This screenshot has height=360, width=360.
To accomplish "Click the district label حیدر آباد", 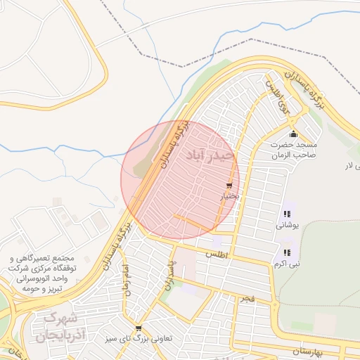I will [210, 155].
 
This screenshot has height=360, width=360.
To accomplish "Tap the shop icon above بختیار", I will [229, 186].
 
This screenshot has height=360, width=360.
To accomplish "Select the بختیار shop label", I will [231, 196].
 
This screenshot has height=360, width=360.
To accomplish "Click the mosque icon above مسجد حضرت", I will [293, 134].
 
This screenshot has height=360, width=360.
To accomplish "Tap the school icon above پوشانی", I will [286, 214].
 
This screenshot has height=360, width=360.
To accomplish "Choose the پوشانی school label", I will [286, 225].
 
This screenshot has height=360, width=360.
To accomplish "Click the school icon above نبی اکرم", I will [286, 252].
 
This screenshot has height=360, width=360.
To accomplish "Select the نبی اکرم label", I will [286, 264].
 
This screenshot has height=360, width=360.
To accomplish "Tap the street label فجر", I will [245, 300].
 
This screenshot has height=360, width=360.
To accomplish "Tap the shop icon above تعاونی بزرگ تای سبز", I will [139, 328].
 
